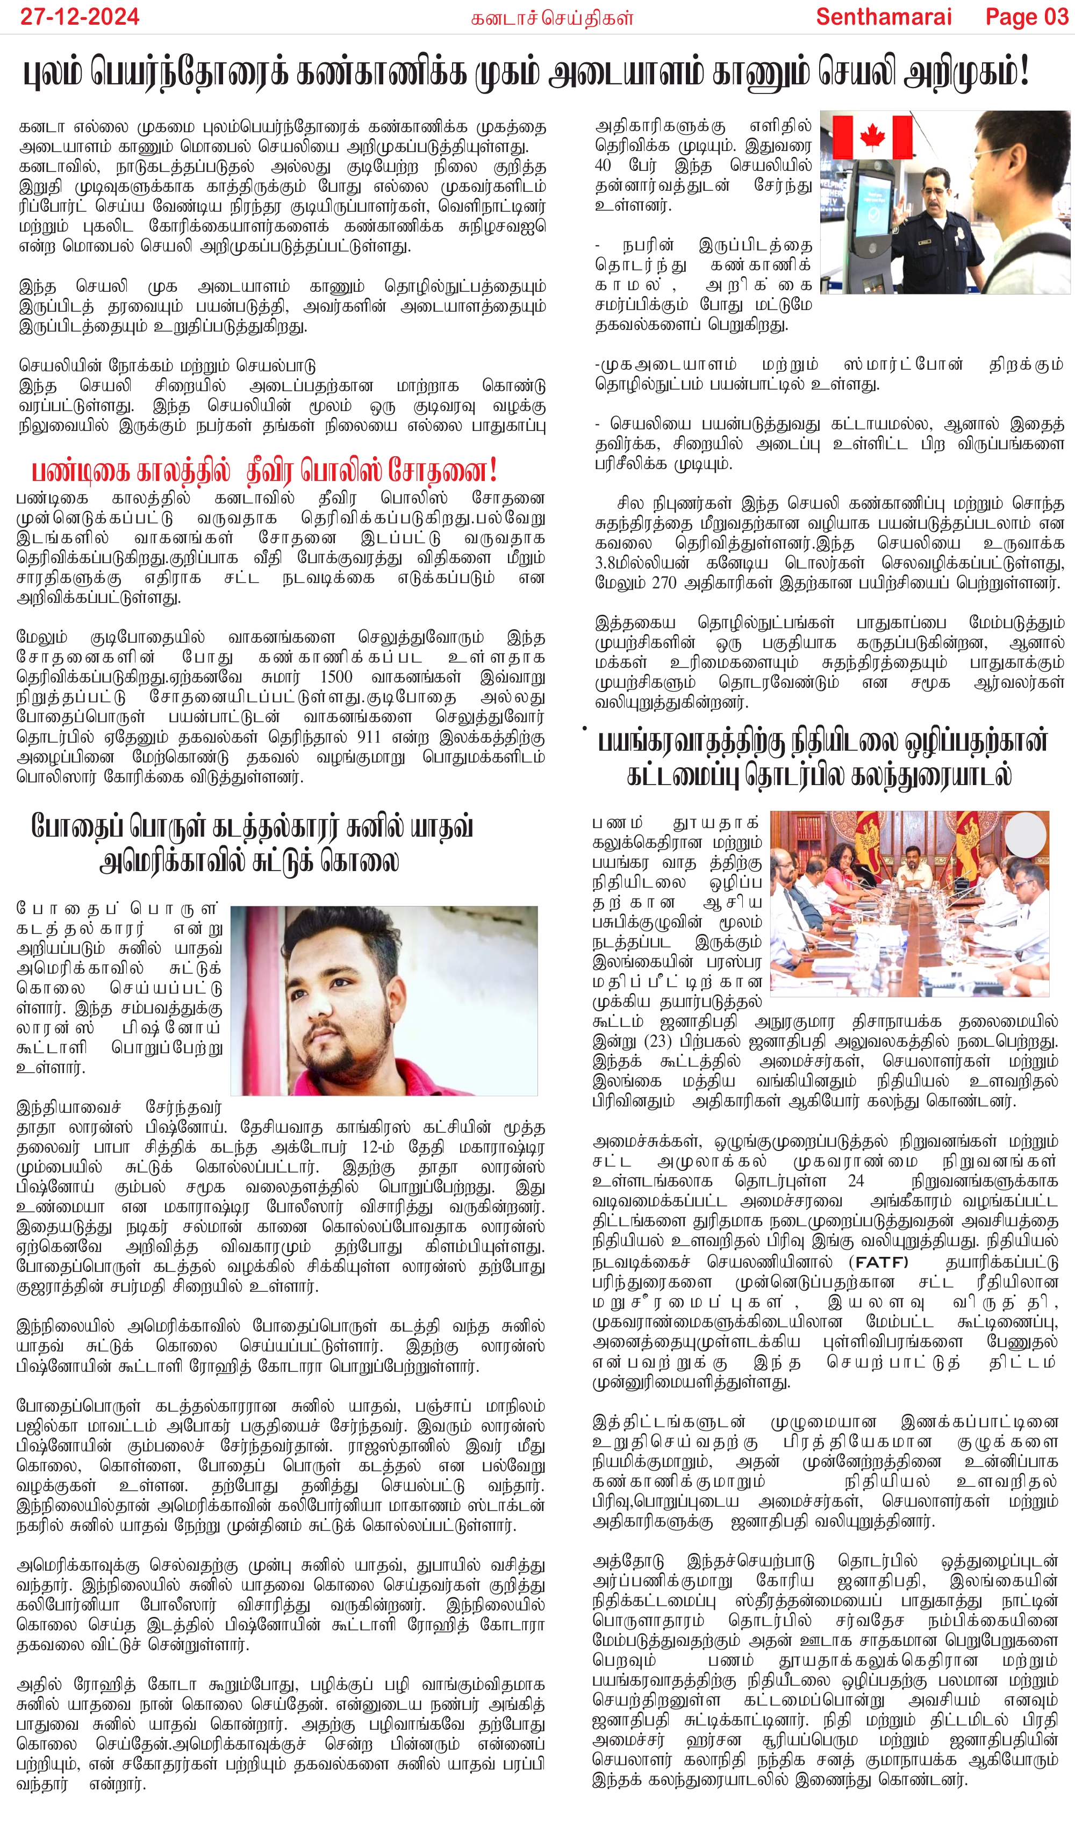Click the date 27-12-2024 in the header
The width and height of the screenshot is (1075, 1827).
79,17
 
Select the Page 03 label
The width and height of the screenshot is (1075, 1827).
1027,17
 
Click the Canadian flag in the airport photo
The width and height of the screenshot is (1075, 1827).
871,136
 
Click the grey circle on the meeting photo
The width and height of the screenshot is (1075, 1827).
1026,835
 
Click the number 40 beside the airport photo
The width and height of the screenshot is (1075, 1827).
603,164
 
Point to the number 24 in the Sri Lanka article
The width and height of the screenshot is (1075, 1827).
856,1181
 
